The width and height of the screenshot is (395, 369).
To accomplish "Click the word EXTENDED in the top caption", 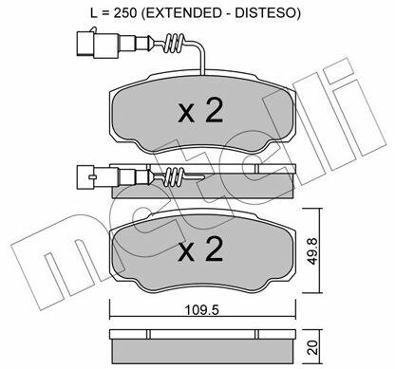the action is coord(180,12).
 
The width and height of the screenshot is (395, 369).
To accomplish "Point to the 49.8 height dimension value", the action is coord(312,251).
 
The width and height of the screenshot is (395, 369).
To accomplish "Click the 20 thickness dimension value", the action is coord(312,347).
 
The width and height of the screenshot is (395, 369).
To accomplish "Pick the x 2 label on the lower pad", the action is coord(200,249).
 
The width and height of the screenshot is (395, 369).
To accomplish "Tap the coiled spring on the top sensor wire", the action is coord(174,44).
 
